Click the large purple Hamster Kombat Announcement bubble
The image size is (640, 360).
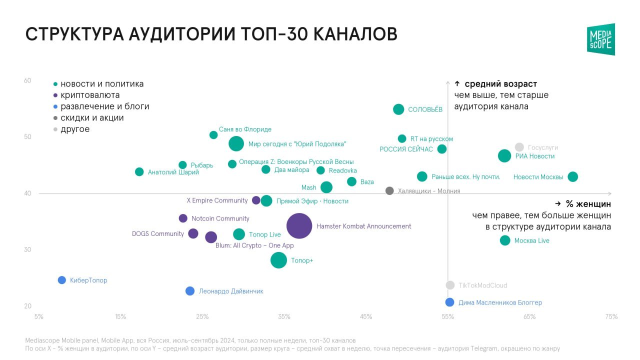pyautogui.click(x=299, y=226)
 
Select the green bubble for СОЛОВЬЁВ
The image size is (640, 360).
pyautogui.click(x=398, y=109)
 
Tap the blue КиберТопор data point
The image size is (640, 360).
pyautogui.click(x=62, y=280)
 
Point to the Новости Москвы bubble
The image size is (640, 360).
pyautogui.click(x=572, y=176)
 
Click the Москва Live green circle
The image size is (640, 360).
pyautogui.click(x=505, y=240)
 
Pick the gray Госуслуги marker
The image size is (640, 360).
pyautogui.click(x=519, y=147)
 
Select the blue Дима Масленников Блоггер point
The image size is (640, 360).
pyautogui.click(x=449, y=302)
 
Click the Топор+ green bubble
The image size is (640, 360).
pyautogui.click(x=278, y=260)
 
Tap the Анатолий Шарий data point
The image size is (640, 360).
pyautogui.click(x=139, y=172)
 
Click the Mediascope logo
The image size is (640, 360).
pyautogui.click(x=601, y=39)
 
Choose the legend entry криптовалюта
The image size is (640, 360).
pyautogui.click(x=89, y=95)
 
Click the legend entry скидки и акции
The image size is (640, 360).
pyautogui.click(x=91, y=118)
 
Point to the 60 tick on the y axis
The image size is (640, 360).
pyautogui.click(x=28, y=80)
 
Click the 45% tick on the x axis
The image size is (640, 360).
pyautogui.click(x=366, y=316)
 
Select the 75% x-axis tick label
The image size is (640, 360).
pyautogui.click(x=611, y=316)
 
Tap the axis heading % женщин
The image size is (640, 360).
pyautogui.click(x=588, y=204)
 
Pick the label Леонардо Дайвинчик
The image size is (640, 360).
pyautogui.click(x=230, y=291)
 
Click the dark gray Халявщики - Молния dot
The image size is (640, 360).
pyautogui.click(x=389, y=190)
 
